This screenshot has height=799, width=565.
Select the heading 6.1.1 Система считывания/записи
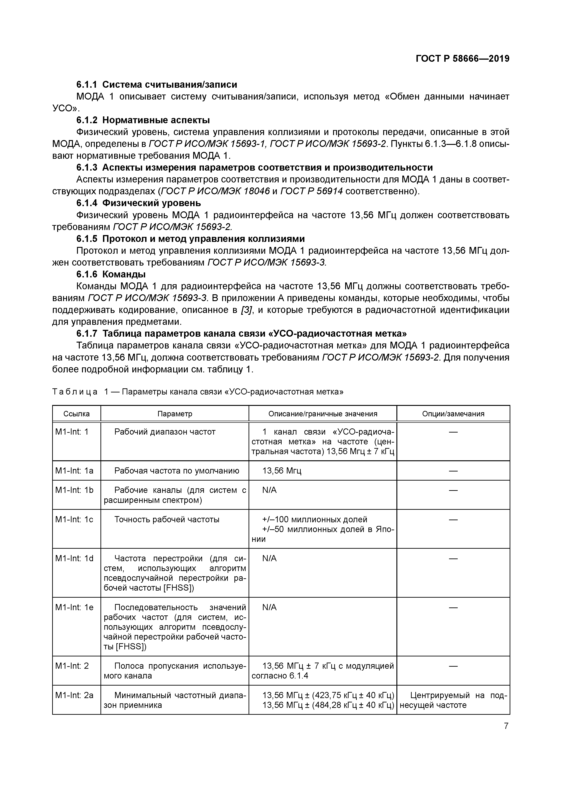(x=157, y=85)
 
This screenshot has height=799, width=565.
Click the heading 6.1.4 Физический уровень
(x=139, y=203)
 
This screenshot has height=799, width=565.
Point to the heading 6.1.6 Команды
(x=111, y=274)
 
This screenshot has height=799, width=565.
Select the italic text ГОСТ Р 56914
(x=312, y=191)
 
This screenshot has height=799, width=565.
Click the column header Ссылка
(x=76, y=414)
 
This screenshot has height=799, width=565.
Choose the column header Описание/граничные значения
(x=323, y=414)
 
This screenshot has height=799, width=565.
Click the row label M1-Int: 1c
(x=74, y=520)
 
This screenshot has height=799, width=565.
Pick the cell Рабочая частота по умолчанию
(x=177, y=471)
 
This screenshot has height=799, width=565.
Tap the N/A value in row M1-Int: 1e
(x=269, y=607)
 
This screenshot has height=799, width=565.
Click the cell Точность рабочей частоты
(x=167, y=520)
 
